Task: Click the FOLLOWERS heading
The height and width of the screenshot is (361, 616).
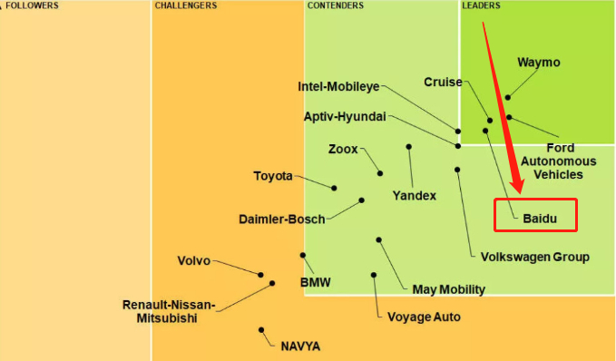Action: pyautogui.click(x=32, y=5)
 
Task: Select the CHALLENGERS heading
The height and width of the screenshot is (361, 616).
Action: pyautogui.click(x=186, y=5)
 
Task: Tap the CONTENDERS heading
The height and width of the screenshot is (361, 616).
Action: pyautogui.click(x=336, y=5)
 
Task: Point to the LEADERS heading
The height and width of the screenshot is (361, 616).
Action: pyautogui.click(x=481, y=5)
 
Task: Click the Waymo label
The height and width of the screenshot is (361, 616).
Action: pyautogui.click(x=539, y=62)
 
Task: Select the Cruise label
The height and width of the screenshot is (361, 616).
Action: pyautogui.click(x=443, y=82)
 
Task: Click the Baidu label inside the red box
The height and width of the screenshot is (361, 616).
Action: pyautogui.click(x=540, y=219)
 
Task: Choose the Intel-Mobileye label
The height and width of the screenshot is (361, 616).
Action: pyautogui.click(x=338, y=86)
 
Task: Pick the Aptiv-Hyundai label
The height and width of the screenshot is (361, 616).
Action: pyautogui.click(x=345, y=116)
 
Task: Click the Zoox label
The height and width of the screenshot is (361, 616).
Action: pyautogui.click(x=343, y=150)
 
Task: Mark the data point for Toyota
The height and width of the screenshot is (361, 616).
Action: pyautogui.click(x=334, y=188)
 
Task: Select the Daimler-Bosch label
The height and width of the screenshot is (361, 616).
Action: pyautogui.click(x=282, y=219)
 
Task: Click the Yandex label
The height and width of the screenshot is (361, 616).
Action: pyautogui.click(x=415, y=196)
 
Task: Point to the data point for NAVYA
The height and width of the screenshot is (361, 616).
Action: pyautogui.click(x=261, y=330)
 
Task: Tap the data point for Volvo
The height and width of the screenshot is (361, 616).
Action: pyautogui.click(x=260, y=275)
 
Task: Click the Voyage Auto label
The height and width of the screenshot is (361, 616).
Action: pyautogui.click(x=424, y=317)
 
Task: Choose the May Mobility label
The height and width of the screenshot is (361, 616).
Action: pyautogui.click(x=449, y=289)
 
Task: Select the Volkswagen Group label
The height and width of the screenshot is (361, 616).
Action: pyautogui.click(x=535, y=257)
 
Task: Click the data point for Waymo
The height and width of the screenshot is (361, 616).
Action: pyautogui.click(x=508, y=97)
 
